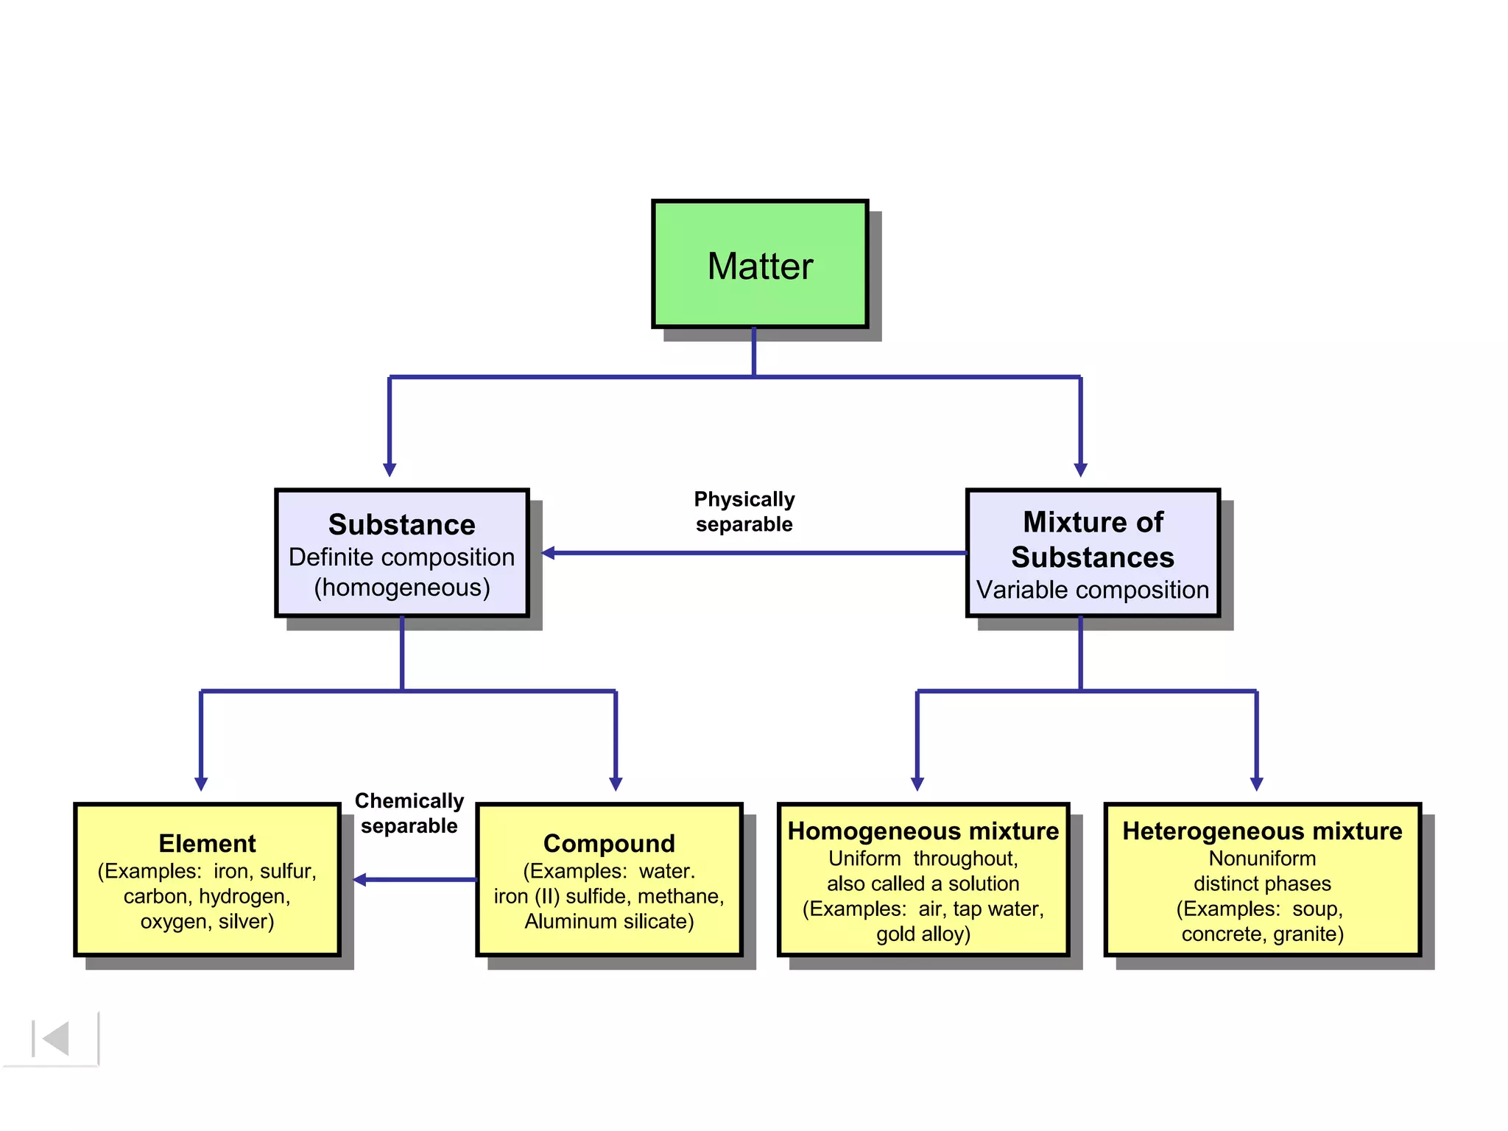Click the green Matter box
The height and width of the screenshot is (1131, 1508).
(x=760, y=264)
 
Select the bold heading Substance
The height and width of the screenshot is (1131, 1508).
(x=401, y=524)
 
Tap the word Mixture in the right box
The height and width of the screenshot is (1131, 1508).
(x=1067, y=522)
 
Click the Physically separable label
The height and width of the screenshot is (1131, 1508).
(x=744, y=511)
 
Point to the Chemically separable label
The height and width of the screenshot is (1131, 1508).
(x=409, y=813)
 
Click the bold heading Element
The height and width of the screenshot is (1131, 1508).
(x=207, y=843)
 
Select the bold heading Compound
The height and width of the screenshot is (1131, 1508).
(x=609, y=843)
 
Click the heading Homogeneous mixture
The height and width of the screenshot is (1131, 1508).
(x=923, y=831)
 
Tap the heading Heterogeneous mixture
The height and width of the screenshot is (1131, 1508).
(x=1262, y=831)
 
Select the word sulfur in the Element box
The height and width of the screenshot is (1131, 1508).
(x=287, y=871)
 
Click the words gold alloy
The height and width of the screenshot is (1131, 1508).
(x=923, y=934)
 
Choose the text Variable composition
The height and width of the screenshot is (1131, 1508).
(x=1093, y=590)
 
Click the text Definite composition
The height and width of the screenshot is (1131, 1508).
(x=401, y=557)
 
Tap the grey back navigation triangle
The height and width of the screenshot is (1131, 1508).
(x=56, y=1038)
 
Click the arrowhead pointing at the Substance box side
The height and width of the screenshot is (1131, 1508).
(x=549, y=552)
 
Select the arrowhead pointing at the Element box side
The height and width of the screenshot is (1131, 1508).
(x=360, y=879)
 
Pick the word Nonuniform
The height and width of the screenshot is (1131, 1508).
(x=1262, y=859)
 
